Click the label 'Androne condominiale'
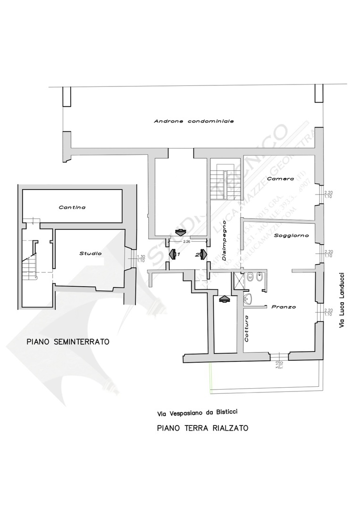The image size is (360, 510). coord(194,121)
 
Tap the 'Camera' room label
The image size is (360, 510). coord(280,179)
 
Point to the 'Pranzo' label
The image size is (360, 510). coord(283,307)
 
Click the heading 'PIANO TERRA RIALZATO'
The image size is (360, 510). coord(202,428)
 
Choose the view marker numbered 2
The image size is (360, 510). coord(201,254)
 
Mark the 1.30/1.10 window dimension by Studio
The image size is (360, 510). coord(140,258)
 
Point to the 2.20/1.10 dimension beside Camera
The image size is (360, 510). coord(328,194)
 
